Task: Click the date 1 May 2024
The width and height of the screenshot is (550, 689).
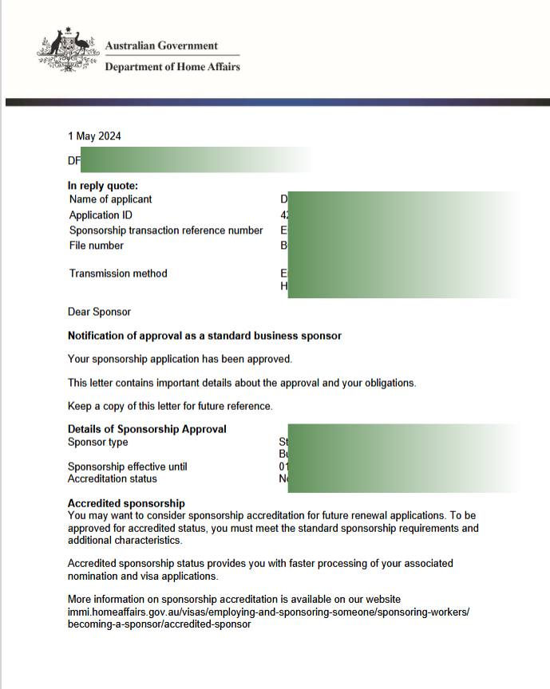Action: point(94,136)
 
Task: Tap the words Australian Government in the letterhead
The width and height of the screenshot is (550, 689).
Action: point(161,45)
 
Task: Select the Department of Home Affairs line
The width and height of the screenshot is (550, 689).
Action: point(172,67)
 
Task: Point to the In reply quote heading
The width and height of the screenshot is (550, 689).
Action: point(103,186)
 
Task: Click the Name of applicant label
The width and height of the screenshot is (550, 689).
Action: point(110,199)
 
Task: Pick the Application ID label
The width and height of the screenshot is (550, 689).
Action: point(101,215)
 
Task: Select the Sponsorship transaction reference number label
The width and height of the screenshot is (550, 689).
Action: point(166,230)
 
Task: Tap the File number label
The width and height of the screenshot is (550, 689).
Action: point(97,246)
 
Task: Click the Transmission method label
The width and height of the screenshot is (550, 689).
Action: point(118,274)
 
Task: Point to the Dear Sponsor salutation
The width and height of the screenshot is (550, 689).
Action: point(99,312)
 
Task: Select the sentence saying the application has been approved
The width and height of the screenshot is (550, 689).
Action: point(180,359)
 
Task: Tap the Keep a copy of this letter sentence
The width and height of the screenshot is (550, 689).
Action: point(170,406)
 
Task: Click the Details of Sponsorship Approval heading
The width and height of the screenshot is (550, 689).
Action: point(147,429)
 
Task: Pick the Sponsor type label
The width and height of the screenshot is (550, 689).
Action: point(97,443)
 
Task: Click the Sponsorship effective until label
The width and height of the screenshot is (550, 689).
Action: point(127,467)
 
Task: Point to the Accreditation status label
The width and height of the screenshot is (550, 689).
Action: point(112,479)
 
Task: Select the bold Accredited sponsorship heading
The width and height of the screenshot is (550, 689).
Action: point(126,503)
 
